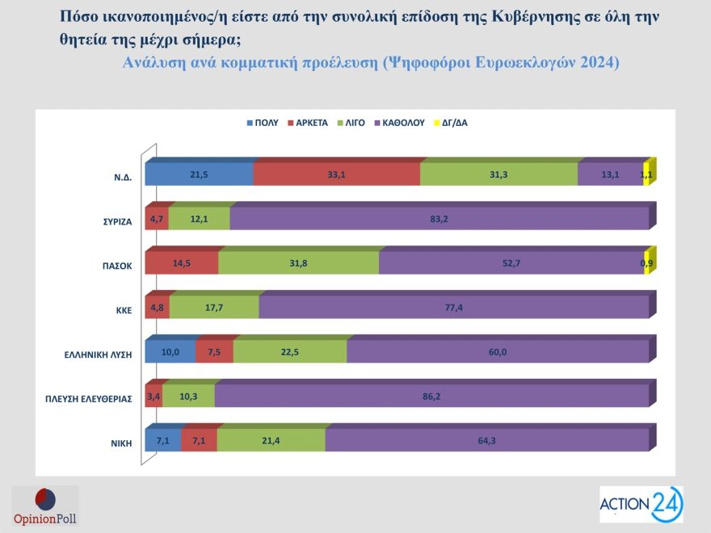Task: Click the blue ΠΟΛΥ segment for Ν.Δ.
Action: click(x=199, y=174)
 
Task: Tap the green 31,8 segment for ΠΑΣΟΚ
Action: click(x=298, y=263)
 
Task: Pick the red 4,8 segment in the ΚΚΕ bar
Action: click(x=157, y=308)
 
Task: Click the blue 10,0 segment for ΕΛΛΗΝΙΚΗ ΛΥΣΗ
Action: click(x=170, y=352)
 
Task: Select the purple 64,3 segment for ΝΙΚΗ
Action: click(x=486, y=440)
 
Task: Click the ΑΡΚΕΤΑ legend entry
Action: click(x=307, y=123)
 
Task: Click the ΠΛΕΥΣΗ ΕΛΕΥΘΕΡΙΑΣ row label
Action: click(x=88, y=397)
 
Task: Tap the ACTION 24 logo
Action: click(x=641, y=505)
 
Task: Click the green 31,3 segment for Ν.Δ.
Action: click(x=499, y=174)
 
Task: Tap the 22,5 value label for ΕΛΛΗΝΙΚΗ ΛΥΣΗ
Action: click(x=289, y=352)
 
